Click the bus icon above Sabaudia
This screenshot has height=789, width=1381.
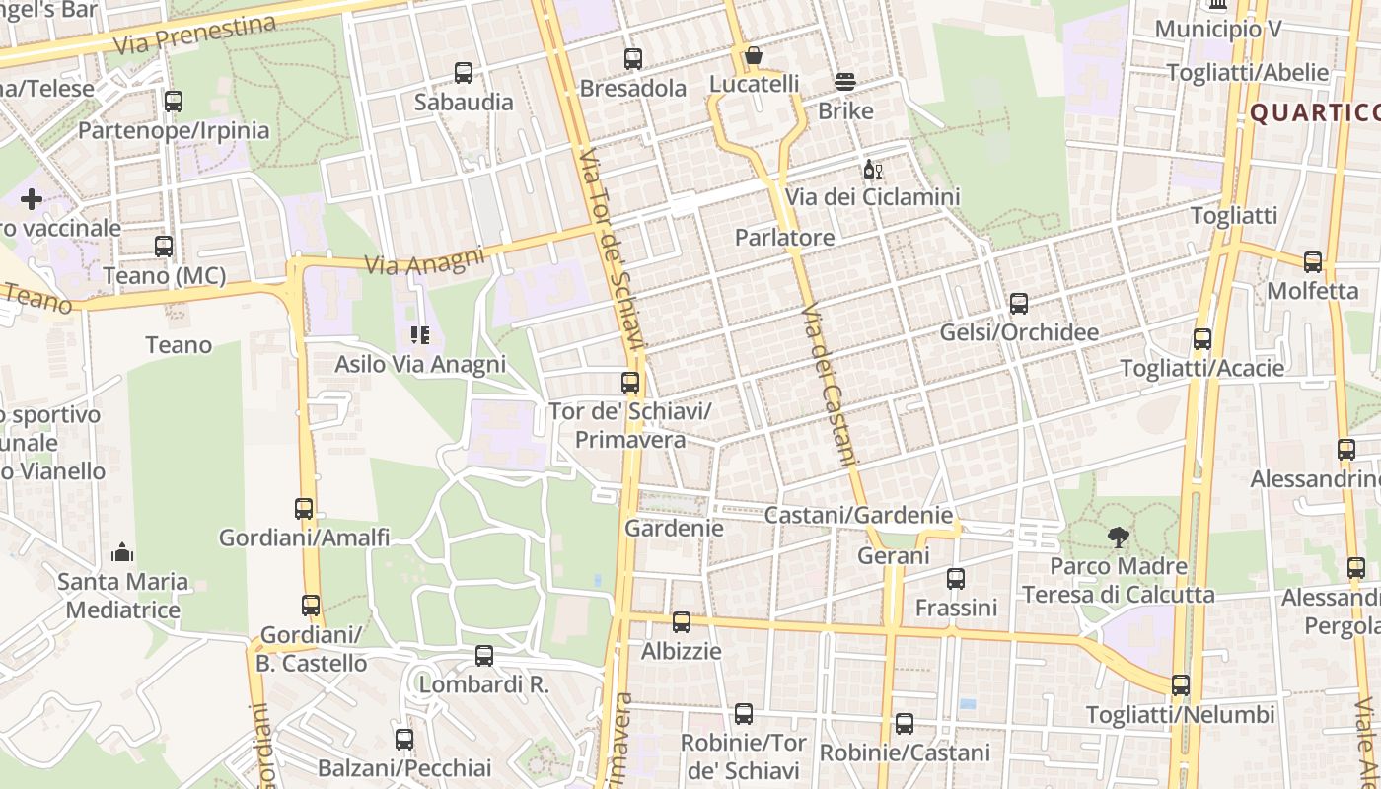[464, 73]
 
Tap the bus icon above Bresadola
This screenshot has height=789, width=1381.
[633, 59]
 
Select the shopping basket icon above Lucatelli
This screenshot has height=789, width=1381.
[754, 55]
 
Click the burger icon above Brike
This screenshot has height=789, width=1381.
[845, 82]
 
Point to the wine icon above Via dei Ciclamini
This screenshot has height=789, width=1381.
[873, 170]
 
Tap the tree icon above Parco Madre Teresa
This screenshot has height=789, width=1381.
[1118, 538]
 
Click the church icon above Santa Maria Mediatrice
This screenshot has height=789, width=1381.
[122, 552]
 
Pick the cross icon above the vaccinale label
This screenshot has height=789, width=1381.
[32, 199]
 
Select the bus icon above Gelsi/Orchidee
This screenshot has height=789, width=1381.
[1019, 304]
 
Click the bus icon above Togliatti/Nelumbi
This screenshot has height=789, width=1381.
[1181, 685]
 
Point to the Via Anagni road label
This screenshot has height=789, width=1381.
[425, 260]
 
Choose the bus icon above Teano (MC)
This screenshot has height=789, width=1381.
[164, 247]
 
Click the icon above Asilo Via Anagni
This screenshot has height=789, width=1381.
[420, 335]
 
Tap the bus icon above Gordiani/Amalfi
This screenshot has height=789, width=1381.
[304, 509]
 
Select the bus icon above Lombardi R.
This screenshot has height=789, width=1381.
[484, 656]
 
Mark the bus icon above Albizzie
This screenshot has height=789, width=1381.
[682, 622]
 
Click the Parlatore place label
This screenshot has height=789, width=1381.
[784, 238]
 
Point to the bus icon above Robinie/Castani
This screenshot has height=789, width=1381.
[905, 724]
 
